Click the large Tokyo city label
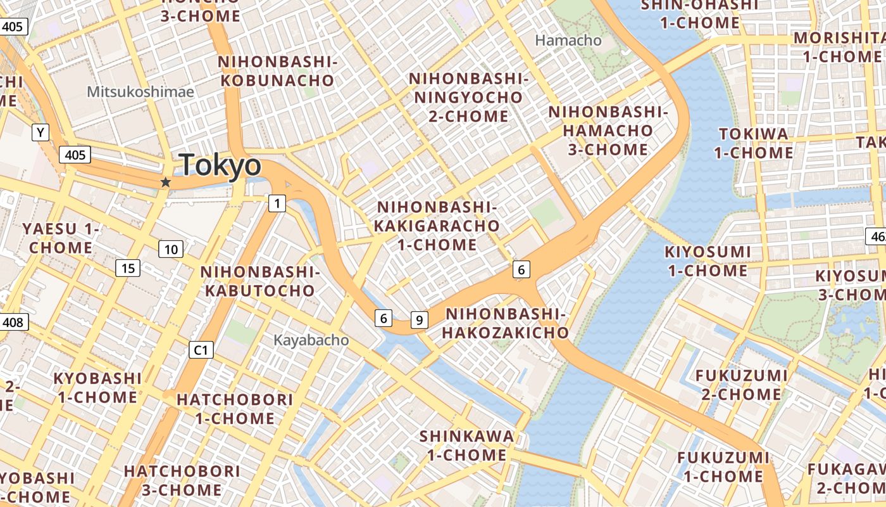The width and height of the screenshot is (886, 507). (x=220, y=165)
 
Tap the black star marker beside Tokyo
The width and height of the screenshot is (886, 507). (x=166, y=183)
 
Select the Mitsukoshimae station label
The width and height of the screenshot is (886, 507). (x=140, y=92)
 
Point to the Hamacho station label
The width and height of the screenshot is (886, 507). (x=568, y=41)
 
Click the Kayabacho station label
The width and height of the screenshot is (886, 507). (x=311, y=340)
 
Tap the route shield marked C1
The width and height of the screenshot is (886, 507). (x=202, y=350)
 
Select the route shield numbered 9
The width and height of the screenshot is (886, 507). (x=419, y=320)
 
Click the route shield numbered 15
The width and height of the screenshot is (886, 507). (x=128, y=269)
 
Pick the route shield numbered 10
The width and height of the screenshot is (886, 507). (x=171, y=249)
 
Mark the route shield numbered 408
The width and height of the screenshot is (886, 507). (x=13, y=323)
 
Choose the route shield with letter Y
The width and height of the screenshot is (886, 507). (x=41, y=132)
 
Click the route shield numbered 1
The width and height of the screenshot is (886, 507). (x=277, y=203)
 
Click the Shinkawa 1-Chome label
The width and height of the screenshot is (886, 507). (x=467, y=446)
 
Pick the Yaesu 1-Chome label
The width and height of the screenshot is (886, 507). (x=61, y=238)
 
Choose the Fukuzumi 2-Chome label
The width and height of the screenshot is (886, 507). (x=741, y=385)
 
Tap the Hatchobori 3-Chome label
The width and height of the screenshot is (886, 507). (x=182, y=480)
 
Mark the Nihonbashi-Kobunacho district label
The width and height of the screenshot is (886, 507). (x=276, y=71)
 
